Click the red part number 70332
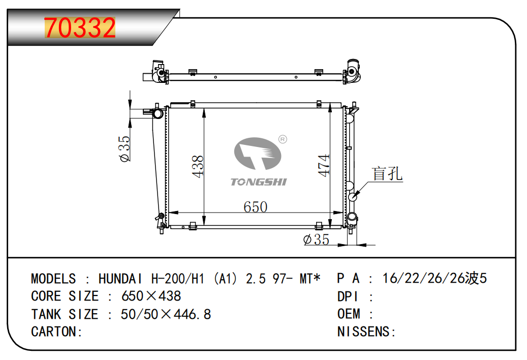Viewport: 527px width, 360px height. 80,27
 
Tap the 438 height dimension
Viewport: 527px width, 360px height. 198,166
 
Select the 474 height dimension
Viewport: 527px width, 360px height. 324,165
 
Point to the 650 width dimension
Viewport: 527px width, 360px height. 256,207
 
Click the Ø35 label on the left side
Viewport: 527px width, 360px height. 125,148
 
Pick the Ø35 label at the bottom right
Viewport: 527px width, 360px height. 316,239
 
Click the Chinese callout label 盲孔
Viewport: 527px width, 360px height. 387,174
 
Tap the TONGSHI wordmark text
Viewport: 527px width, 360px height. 259,182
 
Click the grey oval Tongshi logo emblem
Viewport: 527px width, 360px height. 258,153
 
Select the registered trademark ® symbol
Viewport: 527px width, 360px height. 283,139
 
